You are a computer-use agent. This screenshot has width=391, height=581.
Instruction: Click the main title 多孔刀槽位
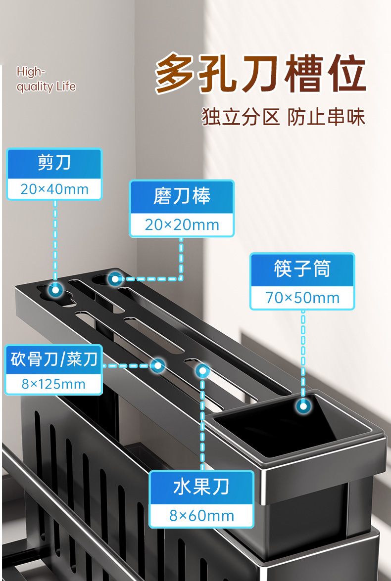(261, 75)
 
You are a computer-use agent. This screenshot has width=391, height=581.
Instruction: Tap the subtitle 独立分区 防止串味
(284, 118)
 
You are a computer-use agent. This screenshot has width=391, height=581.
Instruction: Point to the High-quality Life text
(46, 79)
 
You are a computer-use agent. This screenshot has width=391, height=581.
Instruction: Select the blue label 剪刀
(54, 163)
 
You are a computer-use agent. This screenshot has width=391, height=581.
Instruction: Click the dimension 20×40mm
(54, 189)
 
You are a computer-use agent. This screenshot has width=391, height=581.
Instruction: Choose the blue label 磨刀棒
(182, 196)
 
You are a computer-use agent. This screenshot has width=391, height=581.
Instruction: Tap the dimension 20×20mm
(182, 225)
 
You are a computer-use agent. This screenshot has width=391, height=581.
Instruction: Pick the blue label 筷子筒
(302, 269)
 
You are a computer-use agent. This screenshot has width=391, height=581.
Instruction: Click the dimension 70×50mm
(302, 298)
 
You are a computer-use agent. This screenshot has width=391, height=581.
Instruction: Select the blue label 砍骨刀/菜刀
(54, 359)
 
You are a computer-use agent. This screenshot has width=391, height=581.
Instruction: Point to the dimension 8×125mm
(53, 384)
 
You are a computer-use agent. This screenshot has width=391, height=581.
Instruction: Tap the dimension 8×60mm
(201, 516)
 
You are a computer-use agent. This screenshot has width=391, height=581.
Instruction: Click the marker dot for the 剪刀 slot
(54, 291)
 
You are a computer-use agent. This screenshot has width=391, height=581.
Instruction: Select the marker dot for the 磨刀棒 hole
(115, 279)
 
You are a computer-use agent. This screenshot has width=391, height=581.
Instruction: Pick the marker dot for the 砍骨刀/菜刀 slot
(158, 366)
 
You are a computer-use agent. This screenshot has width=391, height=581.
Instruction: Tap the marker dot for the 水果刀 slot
(202, 370)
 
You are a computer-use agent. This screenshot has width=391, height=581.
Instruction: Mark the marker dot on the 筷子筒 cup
(303, 406)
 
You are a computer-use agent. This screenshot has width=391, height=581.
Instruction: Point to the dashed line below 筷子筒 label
(303, 356)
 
